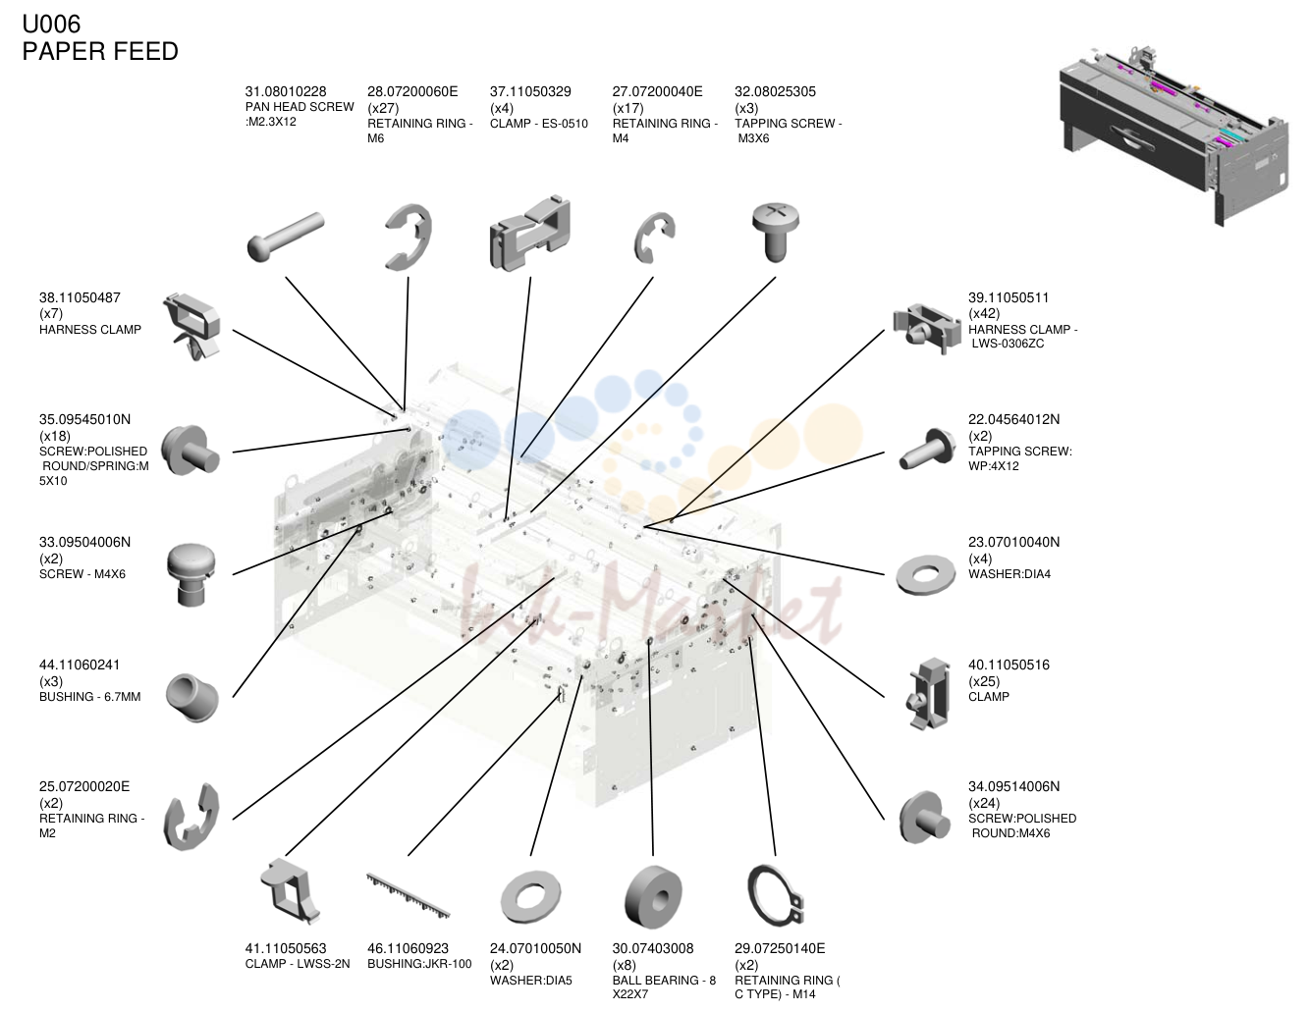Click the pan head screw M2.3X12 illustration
coord(286,237)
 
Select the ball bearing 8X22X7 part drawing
coord(653,897)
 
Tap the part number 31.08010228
coord(286,91)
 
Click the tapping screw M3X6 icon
coord(775,232)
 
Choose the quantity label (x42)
coord(984,314)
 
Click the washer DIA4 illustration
coord(925,574)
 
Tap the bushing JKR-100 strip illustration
coord(408,896)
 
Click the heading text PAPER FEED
coord(100,52)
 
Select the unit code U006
coord(51,25)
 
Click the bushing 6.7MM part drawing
coord(191,698)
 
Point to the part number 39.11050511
coord(1009,297)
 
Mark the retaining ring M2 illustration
coord(191,817)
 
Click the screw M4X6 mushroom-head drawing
coord(191,574)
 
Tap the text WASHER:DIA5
coord(530,981)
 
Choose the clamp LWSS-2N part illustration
coord(289,891)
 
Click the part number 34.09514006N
coord(1013,786)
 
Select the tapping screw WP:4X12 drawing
coord(926,450)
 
